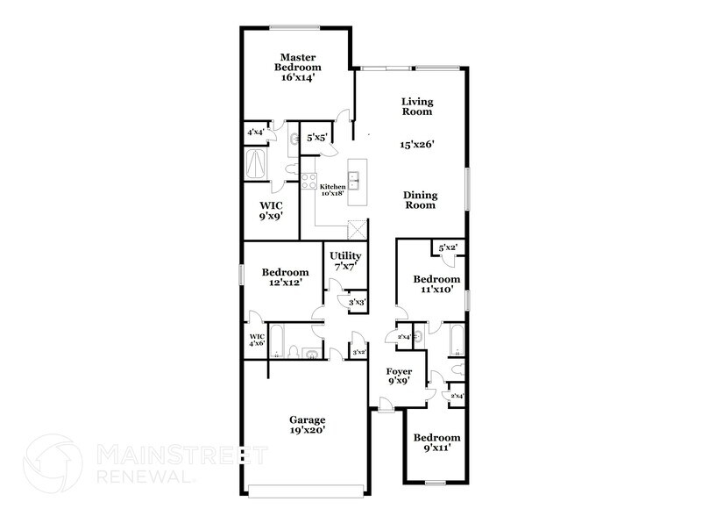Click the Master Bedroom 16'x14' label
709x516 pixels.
(x=298, y=66)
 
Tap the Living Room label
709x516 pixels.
(x=417, y=106)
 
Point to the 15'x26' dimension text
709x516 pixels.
(x=418, y=143)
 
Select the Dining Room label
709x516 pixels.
(x=420, y=199)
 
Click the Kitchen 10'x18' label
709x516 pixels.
(x=332, y=190)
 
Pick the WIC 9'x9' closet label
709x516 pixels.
(x=270, y=210)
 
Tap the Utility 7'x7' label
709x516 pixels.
(x=346, y=261)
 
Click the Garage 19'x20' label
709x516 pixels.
(x=302, y=425)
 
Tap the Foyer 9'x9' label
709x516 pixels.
(x=400, y=376)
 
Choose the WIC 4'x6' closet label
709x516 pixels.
(x=257, y=340)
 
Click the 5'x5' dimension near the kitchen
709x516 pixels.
(x=316, y=138)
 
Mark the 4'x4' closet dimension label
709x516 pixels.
(x=257, y=133)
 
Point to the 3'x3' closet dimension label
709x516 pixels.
(x=357, y=303)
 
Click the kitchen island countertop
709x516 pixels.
(x=358, y=183)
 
